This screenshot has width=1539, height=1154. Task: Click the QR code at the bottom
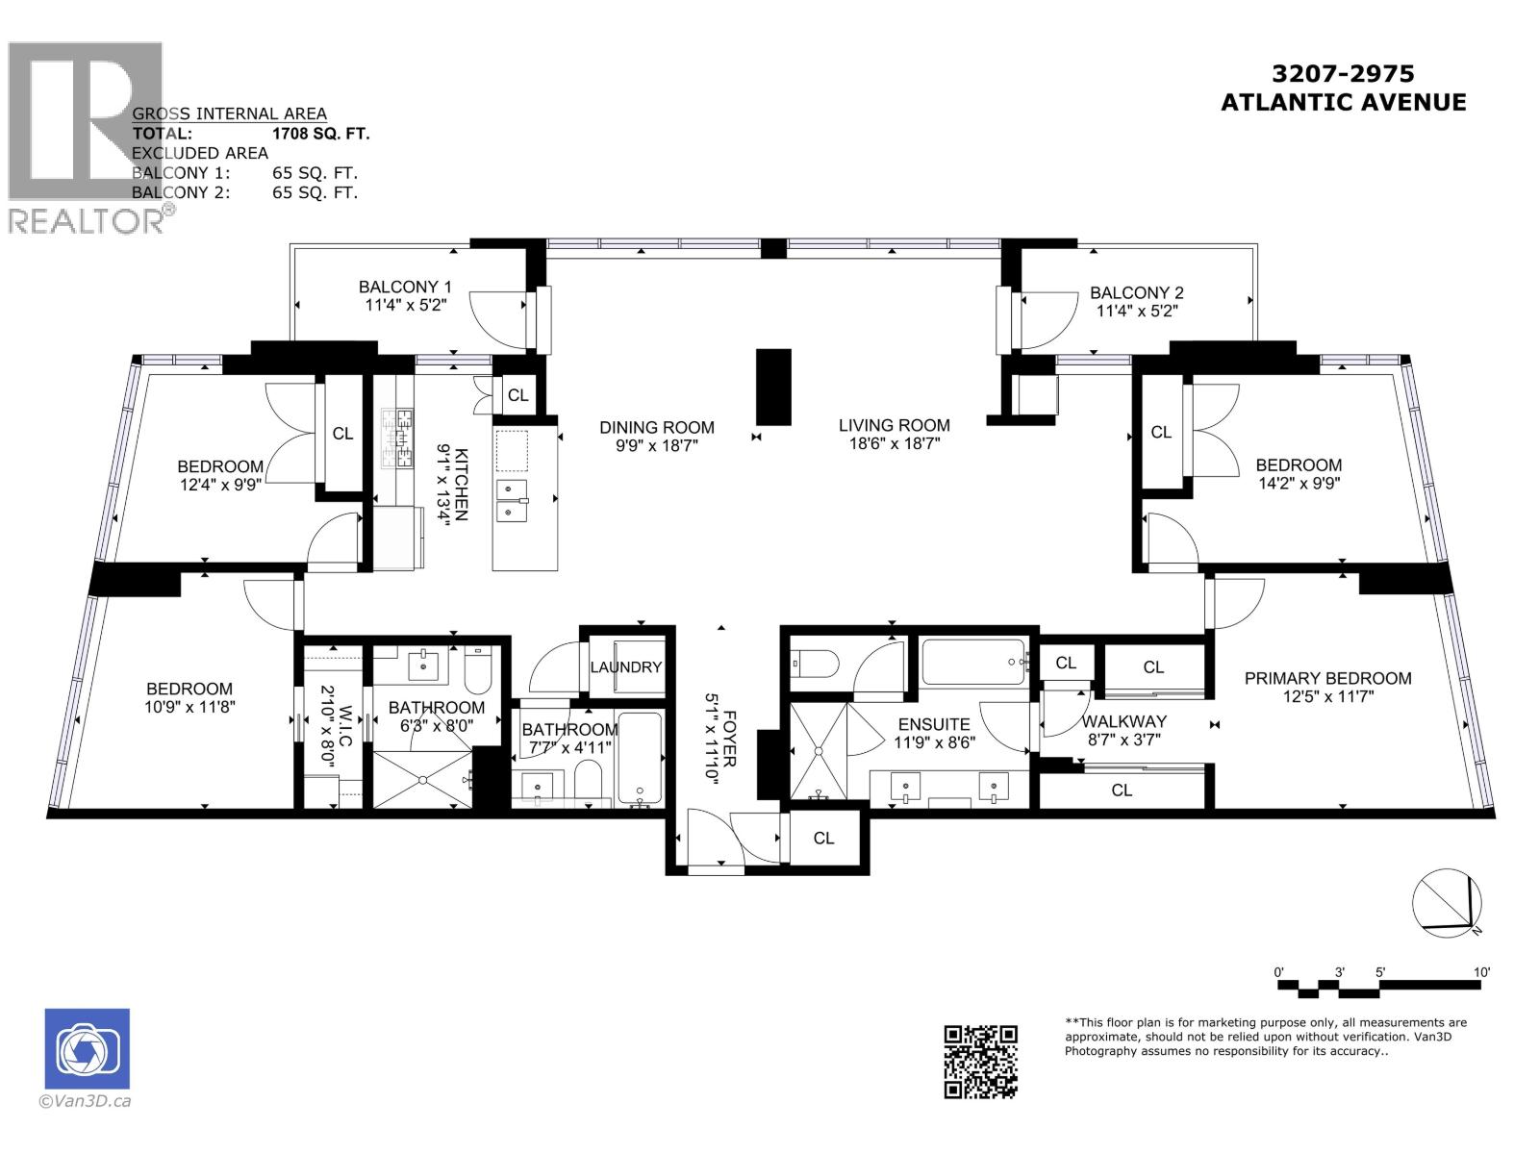(980, 1061)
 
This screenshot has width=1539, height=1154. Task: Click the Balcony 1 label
(405, 287)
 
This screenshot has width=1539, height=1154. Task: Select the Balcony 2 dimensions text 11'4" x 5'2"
(1137, 311)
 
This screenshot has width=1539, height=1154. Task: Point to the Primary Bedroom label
(1327, 678)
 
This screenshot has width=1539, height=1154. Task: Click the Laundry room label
(626, 666)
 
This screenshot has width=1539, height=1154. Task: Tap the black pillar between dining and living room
(773, 387)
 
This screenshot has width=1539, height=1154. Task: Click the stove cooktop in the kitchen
(397, 438)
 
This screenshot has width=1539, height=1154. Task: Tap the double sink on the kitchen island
(511, 501)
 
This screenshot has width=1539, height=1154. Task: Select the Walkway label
(1123, 721)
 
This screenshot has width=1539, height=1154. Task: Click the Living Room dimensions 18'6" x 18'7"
(894, 443)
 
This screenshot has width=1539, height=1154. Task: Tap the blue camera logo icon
(87, 1048)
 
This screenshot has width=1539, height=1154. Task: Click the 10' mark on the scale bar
(1480, 972)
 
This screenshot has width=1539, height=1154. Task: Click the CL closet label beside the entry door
(823, 839)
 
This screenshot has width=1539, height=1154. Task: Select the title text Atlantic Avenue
(1343, 102)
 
